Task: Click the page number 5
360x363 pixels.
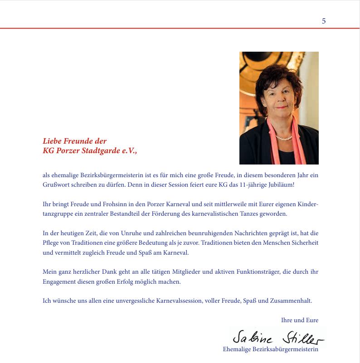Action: pyautogui.click(x=324, y=21)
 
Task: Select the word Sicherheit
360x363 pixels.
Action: pyautogui.click(x=305, y=243)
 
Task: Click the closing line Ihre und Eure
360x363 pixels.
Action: pyautogui.click(x=300, y=320)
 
